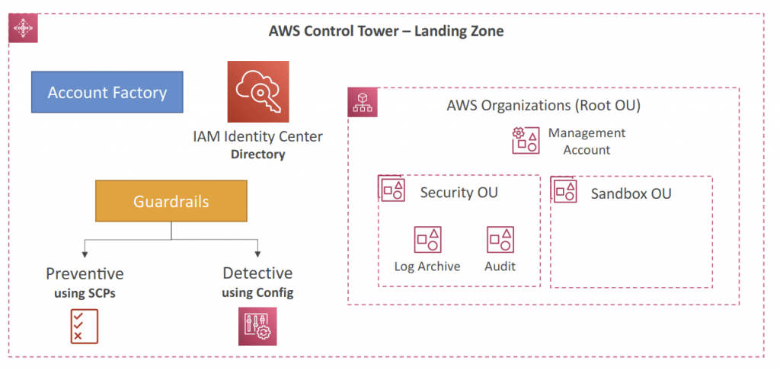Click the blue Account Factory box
[107, 92]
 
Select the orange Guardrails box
[171, 201]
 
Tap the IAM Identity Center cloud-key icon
[258, 91]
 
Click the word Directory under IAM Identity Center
[257, 154]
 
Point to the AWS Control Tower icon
[24, 28]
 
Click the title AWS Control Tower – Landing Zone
[386, 31]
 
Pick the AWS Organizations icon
[363, 103]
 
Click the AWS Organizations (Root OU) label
[543, 105]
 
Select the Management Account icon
[526, 140]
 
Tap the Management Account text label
[587, 142]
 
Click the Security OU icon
[392, 188]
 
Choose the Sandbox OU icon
[564, 189]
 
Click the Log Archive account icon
[428, 240]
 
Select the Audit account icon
[500, 240]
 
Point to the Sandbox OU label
[631, 193]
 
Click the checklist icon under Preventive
[85, 327]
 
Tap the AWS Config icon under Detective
[257, 327]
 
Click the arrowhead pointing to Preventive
[85, 254]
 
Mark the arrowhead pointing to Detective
[257, 254]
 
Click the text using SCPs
[85, 293]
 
